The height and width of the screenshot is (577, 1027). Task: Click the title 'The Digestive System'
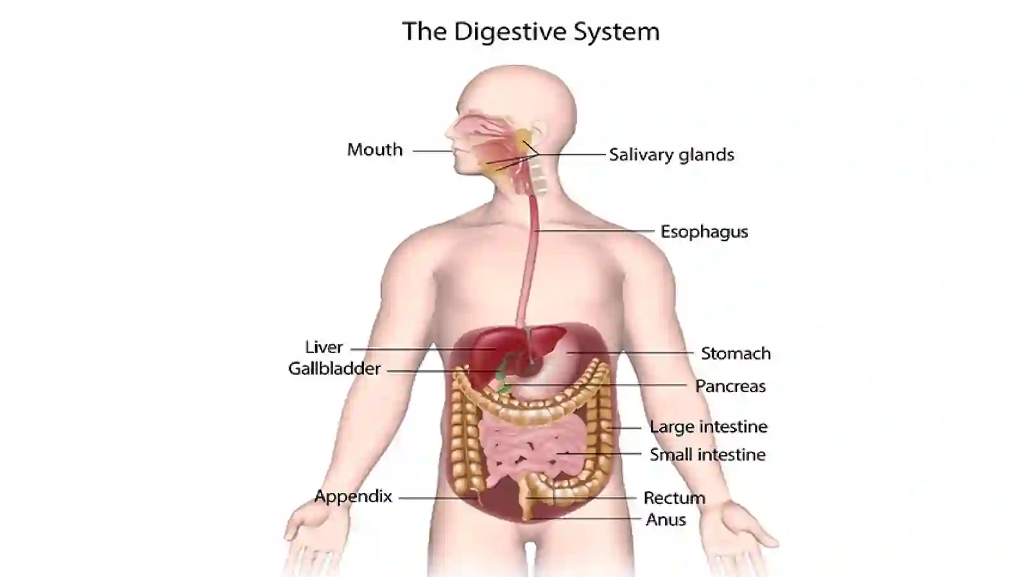coord(531,31)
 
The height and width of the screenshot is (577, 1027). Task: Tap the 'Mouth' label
coord(375,150)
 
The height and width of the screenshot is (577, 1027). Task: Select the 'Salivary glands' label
coord(671,155)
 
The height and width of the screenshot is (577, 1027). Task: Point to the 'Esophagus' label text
coord(704,232)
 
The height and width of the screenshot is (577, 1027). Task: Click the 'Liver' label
coord(324,347)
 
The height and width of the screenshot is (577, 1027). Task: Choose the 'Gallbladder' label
coord(334,368)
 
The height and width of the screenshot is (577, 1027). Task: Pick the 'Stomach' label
coord(736,354)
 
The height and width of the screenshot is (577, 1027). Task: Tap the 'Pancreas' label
coord(730,386)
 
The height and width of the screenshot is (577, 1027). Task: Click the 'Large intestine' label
coord(709,427)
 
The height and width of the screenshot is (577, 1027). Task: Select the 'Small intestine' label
coord(707,454)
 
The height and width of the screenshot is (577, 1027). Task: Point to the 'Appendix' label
coord(353,497)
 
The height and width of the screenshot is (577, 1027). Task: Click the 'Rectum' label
coord(675,497)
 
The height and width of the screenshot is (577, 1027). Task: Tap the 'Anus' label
coord(666,520)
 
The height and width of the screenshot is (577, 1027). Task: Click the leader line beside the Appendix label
coord(438,498)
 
